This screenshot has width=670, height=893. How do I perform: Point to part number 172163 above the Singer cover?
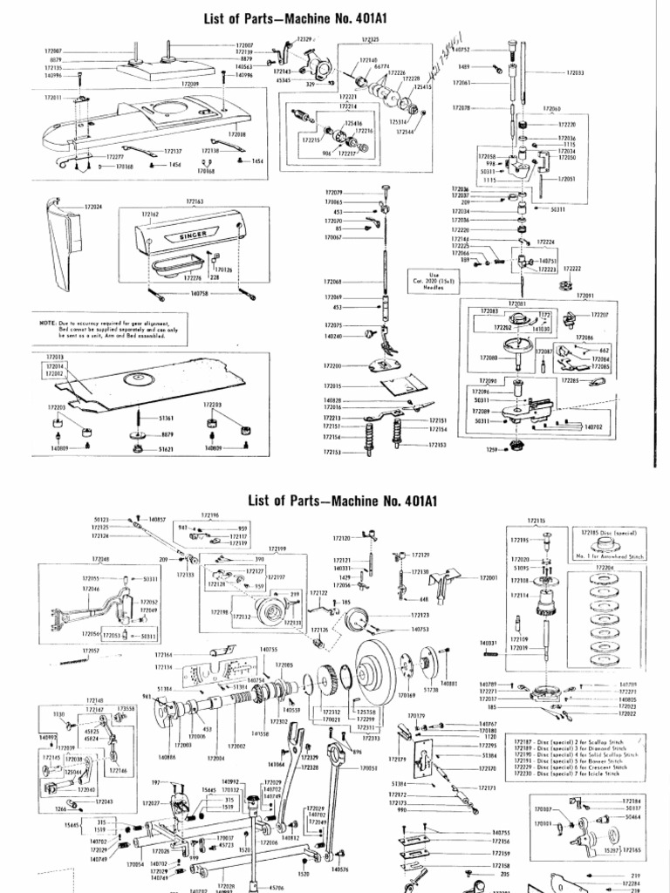[x=195, y=201]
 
